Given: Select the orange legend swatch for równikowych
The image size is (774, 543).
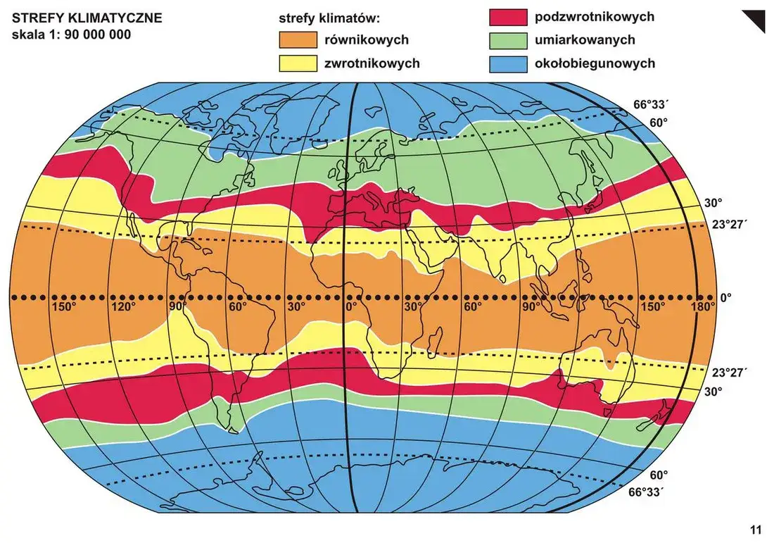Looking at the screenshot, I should click(x=298, y=40).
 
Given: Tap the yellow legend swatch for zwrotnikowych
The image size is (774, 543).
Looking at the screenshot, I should click(x=298, y=63).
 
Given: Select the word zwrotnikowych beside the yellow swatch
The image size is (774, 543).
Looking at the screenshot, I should click(x=372, y=63).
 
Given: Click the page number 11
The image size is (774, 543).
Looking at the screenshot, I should click(x=756, y=530).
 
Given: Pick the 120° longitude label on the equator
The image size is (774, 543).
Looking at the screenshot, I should click(x=124, y=307).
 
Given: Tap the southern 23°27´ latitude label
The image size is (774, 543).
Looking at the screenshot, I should click(x=728, y=373).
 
